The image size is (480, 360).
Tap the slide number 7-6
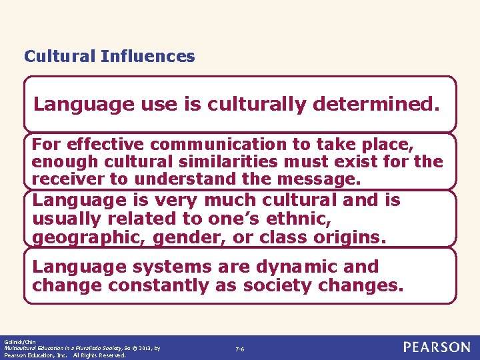click(239, 349)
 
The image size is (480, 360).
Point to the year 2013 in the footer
click(145, 348)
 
